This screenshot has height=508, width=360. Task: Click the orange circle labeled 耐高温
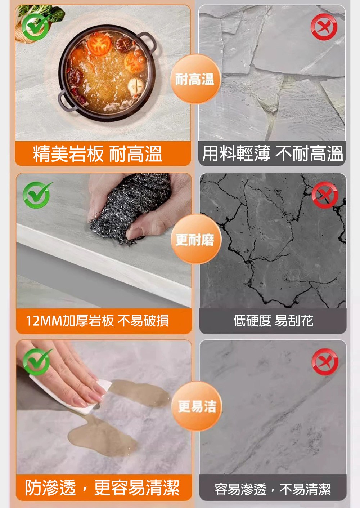pyautogui.click(x=195, y=79)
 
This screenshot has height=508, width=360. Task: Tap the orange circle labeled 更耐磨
pyautogui.click(x=195, y=239)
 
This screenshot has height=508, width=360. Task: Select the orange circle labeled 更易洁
pyautogui.click(x=197, y=406)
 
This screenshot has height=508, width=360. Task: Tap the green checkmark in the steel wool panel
pyautogui.click(x=37, y=195)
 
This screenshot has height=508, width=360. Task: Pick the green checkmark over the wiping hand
pyautogui.click(x=37, y=362)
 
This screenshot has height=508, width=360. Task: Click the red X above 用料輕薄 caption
pyautogui.click(x=324, y=27)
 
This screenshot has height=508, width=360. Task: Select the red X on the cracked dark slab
pyautogui.click(x=325, y=195)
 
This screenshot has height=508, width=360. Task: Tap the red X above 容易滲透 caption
pyautogui.click(x=325, y=362)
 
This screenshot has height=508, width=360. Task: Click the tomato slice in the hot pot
pyautogui.click(x=99, y=44)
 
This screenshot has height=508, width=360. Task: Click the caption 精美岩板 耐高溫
pyautogui.click(x=98, y=154)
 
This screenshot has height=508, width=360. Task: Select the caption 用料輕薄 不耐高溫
pyautogui.click(x=273, y=153)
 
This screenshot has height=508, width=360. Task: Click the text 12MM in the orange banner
pyautogui.click(x=44, y=321)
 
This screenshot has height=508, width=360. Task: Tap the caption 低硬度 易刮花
pyautogui.click(x=273, y=321)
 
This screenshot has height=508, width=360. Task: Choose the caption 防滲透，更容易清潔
pyautogui.click(x=102, y=488)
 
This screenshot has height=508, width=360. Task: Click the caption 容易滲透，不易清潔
pyautogui.click(x=273, y=489)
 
